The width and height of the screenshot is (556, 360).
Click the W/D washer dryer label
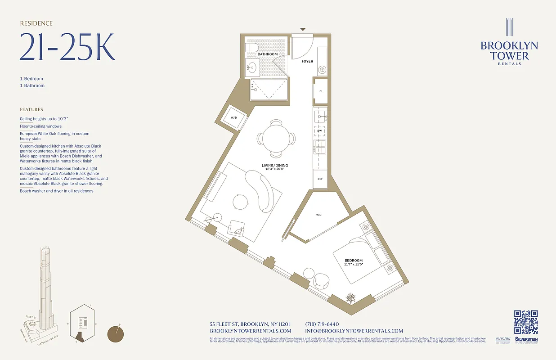click(233, 118)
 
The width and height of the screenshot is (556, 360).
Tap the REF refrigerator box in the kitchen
click(320, 179)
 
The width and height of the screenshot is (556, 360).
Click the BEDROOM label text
click(354, 261)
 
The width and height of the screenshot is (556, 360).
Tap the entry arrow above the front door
click(303, 30)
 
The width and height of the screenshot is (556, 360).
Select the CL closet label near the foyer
click(321, 91)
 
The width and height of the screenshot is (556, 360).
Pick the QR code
click(526, 322)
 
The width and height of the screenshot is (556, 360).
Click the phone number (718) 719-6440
click(322, 324)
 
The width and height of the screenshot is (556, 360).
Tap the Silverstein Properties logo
click(526, 341)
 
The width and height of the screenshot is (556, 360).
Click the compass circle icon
click(116, 334)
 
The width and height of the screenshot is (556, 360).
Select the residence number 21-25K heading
click(67, 47)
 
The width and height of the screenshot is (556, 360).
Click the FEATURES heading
click(31, 109)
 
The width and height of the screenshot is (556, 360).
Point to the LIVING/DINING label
click(275, 166)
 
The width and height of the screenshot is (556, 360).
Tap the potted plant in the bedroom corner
click(350, 297)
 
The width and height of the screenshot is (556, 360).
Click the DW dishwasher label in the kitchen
click(319, 131)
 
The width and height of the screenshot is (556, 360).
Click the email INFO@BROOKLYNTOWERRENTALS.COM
click(354, 331)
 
